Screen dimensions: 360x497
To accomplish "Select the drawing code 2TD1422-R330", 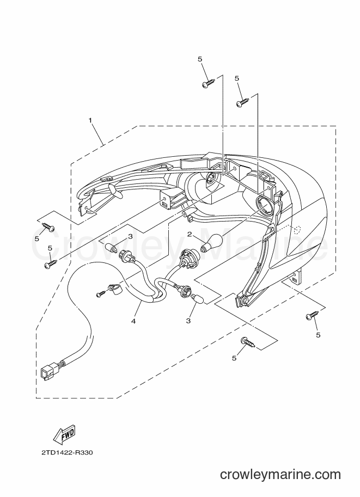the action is point(67,452).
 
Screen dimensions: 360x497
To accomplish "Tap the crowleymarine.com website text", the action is point(280,474).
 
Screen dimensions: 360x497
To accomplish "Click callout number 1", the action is point(90,120).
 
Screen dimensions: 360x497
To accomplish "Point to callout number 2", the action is point(190,234).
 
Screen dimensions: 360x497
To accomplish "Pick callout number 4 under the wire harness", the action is point(133,321).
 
